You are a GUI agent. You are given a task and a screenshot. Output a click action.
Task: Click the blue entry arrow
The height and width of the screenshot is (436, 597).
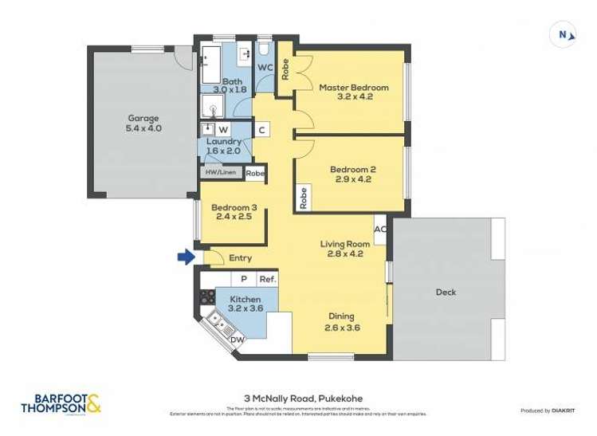click(185, 257)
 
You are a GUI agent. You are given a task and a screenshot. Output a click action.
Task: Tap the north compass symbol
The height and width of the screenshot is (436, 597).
click(562, 34)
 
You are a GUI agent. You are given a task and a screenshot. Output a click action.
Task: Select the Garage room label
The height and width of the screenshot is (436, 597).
click(143, 118)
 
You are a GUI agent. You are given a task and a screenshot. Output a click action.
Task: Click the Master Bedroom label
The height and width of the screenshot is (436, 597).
click(353, 87)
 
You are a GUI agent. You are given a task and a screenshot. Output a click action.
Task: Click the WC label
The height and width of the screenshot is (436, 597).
click(264, 66)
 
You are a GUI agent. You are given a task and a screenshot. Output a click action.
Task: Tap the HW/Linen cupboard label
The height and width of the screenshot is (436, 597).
click(219, 172)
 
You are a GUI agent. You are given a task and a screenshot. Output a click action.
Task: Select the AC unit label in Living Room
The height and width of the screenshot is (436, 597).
click(380, 229)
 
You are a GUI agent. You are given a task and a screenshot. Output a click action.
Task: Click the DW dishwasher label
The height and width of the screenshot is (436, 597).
click(237, 340)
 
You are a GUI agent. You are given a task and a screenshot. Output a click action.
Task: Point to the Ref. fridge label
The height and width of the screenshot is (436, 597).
click(267, 280)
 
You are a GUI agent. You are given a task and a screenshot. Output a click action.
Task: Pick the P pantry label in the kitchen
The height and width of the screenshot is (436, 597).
click(243, 280)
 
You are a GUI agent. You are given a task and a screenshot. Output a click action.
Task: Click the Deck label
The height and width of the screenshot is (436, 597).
click(446, 292)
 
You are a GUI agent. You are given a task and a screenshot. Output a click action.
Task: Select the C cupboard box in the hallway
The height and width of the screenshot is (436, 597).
click(261, 130)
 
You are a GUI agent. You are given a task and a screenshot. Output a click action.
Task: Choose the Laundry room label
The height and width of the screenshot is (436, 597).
click(223, 141)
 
